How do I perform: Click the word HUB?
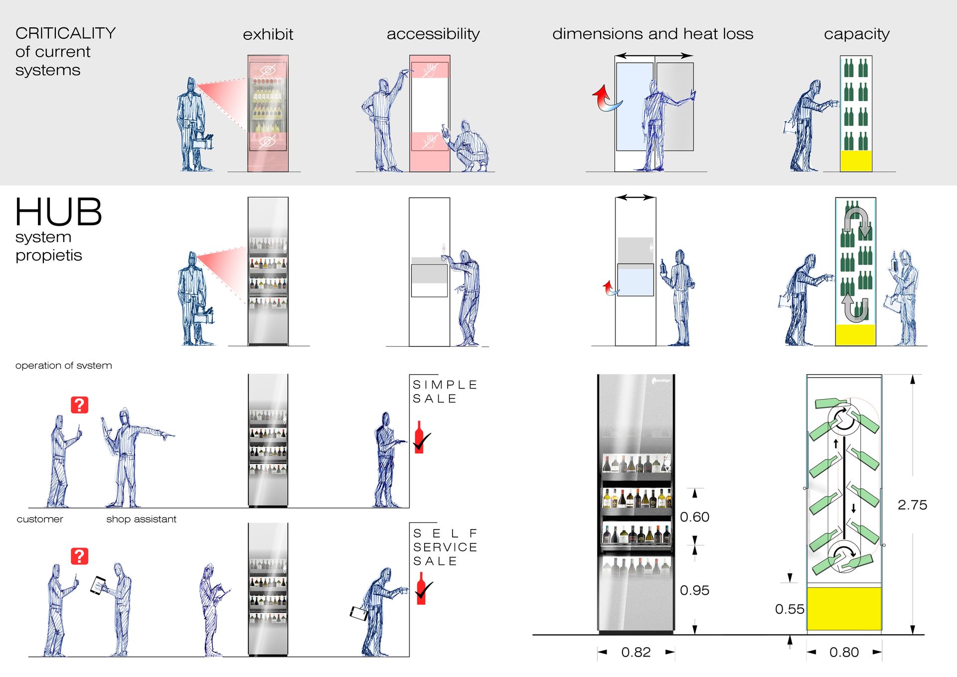point(59,212)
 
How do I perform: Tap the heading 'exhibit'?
point(268,34)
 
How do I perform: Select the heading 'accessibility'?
point(433,34)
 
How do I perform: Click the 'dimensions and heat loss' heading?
point(652,34)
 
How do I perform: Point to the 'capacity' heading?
point(856,34)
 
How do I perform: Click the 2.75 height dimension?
point(912,505)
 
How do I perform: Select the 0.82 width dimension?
point(636,652)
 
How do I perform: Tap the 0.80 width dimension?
point(844,652)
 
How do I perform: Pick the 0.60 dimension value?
point(694,517)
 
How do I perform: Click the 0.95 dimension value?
point(694,590)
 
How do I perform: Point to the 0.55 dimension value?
point(790,609)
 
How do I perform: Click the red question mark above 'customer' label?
point(80,405)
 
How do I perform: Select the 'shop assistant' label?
point(141,519)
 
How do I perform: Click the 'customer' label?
point(40,519)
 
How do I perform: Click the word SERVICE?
point(445,547)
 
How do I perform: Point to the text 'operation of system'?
point(63,366)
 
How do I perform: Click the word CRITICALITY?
point(65,33)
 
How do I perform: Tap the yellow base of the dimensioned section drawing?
point(844,608)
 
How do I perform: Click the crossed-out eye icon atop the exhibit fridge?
point(268,70)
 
